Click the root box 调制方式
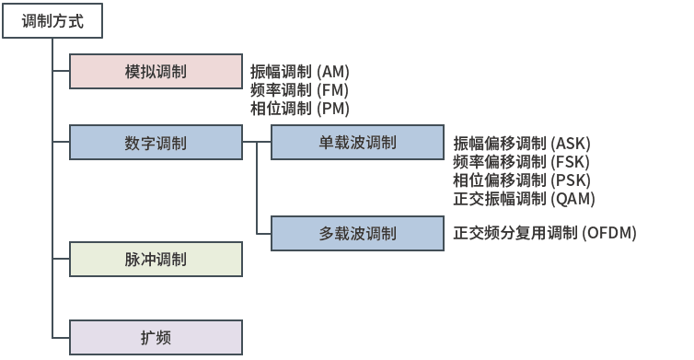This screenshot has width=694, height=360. (x=52, y=21)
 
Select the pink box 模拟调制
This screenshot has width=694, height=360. (x=156, y=72)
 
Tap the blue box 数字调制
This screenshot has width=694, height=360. (x=156, y=143)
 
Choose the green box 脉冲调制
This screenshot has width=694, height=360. (x=156, y=260)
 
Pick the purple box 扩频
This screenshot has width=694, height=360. (x=156, y=338)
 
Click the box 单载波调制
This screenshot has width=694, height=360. (x=357, y=143)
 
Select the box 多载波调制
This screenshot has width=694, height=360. (x=357, y=233)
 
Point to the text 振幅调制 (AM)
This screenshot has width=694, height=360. (x=300, y=72)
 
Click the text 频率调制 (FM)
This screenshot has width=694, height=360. (x=300, y=90)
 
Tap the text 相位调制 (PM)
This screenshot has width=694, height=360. (x=300, y=109)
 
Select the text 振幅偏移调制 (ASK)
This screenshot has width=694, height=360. (x=522, y=144)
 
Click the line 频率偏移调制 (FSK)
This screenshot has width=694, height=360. (x=522, y=162)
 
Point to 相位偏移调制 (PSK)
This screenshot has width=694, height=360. (x=522, y=180)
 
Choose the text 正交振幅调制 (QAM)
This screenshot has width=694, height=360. (x=524, y=198)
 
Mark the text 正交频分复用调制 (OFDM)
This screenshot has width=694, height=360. (x=545, y=233)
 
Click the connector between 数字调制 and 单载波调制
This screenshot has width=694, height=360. (x=256, y=143)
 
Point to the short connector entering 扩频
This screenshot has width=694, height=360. (x=61, y=338)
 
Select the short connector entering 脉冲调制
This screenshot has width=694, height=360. (x=61, y=260)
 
